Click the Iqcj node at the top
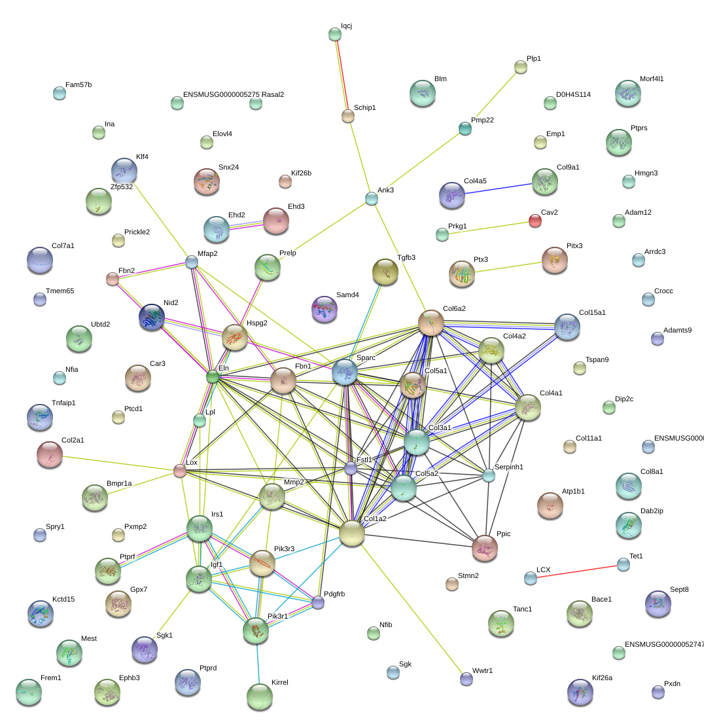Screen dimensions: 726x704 point(335,35)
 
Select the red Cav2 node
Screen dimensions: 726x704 point(535,221)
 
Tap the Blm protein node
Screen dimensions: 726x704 point(422,93)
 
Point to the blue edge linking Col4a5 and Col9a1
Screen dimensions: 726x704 point(497,189)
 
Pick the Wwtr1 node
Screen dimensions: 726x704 point(466,679)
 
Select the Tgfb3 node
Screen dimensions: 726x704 point(385,272)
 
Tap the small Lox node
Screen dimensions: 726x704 point(180,471)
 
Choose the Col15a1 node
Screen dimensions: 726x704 point(567,327)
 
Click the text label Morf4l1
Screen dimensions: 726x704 point(652,79)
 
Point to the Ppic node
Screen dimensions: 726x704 point(485,548)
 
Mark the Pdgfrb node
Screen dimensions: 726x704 point(318,603)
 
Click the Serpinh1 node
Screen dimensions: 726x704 point(489,476)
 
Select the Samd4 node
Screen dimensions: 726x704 point(324,308)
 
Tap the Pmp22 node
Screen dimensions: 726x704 point(465,128)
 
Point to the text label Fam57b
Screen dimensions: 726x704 point(79,85)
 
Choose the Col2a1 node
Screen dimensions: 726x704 point(50,454)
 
